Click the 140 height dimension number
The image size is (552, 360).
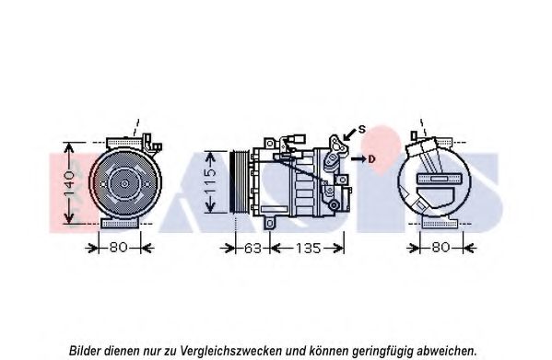point(69,183)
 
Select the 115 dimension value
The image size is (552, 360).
point(210,181)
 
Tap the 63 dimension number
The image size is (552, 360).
point(253,249)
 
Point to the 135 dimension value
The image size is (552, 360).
point(309,249)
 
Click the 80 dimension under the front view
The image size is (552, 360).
point(118,248)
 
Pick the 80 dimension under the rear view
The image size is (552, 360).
point(440,248)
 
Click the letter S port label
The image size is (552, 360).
point(362,130)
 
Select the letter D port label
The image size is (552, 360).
point(371,159)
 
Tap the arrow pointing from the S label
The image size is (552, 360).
point(349,134)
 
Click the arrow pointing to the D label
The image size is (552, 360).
point(358,159)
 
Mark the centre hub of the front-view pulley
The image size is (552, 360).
point(124,183)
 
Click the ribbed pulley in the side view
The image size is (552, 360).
point(240,181)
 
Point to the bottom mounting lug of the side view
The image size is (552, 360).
point(270,224)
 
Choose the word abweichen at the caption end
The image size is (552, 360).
point(447,351)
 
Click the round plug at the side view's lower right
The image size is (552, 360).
point(334,204)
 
